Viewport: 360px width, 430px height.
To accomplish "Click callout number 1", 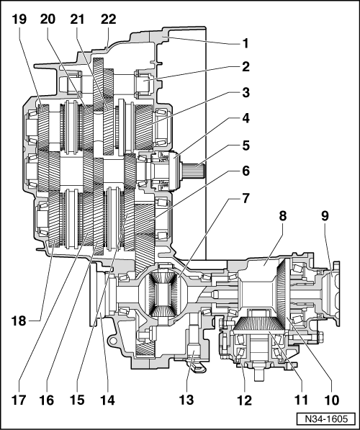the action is pos(246,43).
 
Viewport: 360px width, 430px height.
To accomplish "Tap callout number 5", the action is pos(246,145).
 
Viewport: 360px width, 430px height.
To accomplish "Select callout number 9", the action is pos(325,216).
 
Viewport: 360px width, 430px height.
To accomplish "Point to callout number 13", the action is pos(186,400).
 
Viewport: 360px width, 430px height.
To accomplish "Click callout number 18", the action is pos(19,321).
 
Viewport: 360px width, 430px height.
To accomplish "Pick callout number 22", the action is pos(108,19).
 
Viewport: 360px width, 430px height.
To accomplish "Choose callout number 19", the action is pos(19,19).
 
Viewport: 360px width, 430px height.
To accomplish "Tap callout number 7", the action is pos(246,198).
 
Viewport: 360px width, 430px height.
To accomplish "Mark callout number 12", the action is pos(244,400).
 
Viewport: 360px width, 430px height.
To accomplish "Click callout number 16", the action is pos(47,400).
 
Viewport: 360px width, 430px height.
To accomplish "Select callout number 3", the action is pos(246,92).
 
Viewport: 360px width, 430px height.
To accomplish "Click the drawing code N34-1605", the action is pos(326,418).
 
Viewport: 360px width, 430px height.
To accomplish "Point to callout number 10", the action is pos(331,400).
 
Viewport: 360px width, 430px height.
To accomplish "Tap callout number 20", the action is pos(48,19).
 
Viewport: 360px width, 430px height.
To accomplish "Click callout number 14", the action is pos(107,400).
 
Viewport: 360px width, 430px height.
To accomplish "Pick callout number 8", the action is pos(283,216).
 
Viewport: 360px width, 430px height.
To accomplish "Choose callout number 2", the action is pos(246,67).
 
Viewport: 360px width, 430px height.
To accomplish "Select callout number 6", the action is pos(246,171).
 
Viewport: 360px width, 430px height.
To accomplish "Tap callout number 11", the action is pos(302,400).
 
